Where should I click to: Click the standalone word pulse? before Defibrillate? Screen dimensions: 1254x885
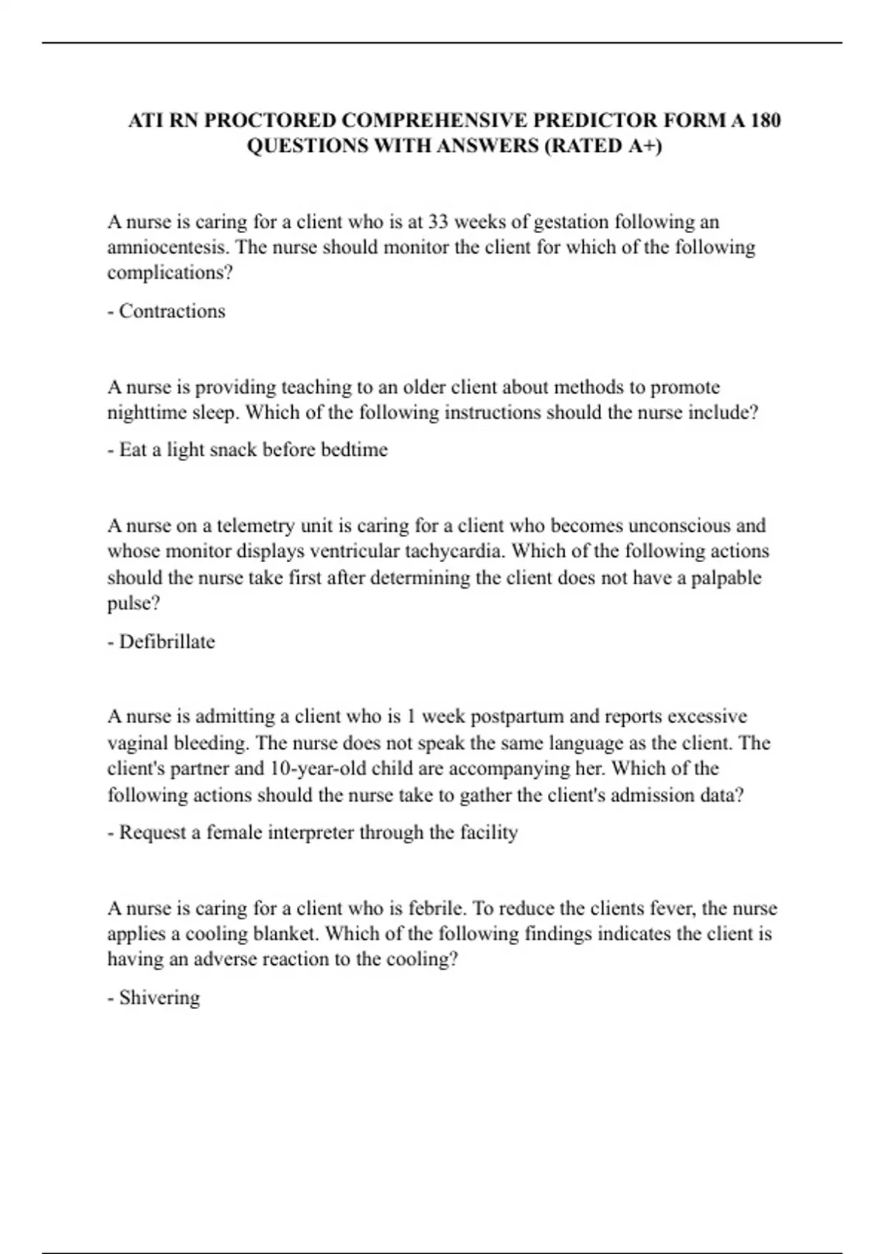[134, 603]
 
